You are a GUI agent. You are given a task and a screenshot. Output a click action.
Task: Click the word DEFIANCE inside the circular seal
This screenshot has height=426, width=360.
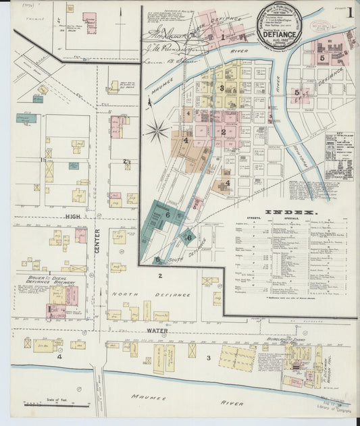[280, 30]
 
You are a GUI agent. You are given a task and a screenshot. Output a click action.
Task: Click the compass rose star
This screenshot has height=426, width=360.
[157, 130]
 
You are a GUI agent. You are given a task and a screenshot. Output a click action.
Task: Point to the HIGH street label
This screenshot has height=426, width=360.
[73, 215]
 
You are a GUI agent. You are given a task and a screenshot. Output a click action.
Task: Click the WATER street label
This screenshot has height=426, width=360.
[157, 331]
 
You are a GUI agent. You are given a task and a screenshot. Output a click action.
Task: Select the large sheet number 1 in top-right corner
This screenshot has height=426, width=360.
[349, 12]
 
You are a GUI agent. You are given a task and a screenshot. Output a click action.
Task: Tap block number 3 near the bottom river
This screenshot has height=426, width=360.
[209, 357]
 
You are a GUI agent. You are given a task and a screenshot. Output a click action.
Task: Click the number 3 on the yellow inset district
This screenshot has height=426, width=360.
[221, 88]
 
